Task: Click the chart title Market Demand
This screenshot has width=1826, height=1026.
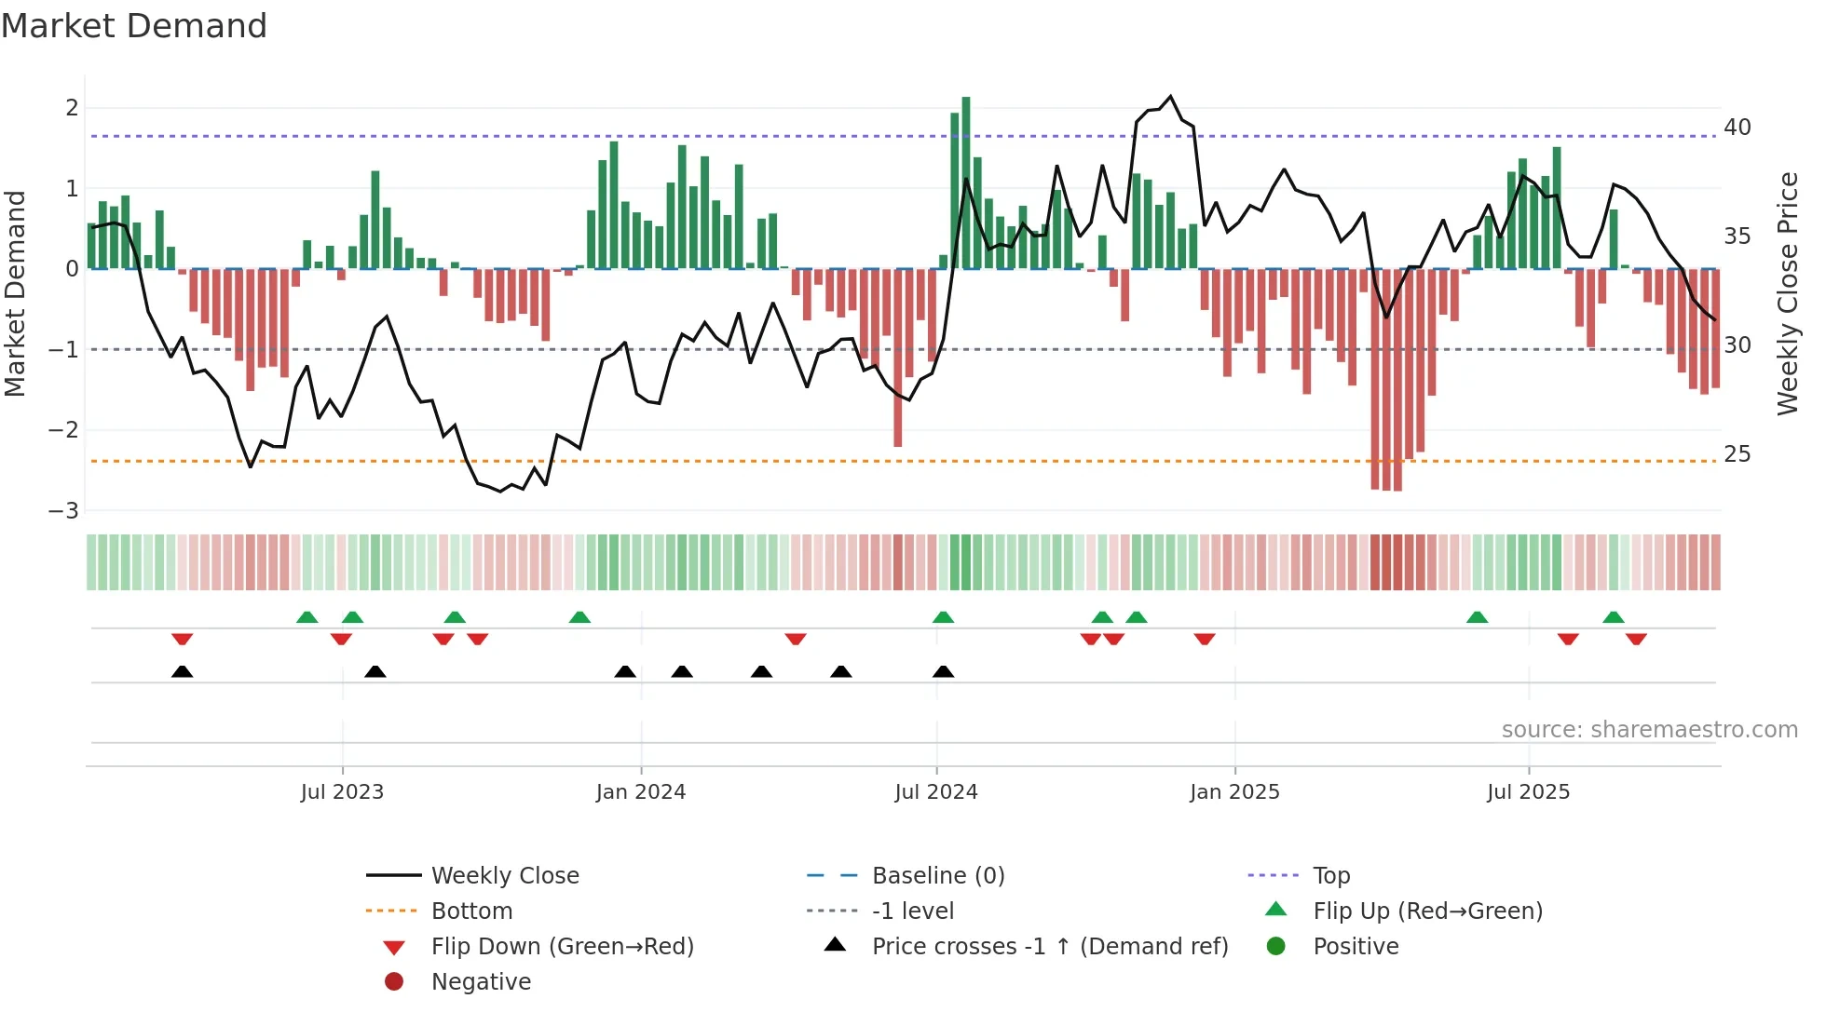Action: coord(134,26)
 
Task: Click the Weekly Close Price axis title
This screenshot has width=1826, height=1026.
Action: coord(1787,293)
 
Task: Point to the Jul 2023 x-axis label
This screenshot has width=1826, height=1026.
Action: coord(342,792)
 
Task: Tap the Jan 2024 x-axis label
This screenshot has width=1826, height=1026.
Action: coord(641,792)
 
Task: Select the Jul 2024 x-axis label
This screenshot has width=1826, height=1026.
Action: coord(936,792)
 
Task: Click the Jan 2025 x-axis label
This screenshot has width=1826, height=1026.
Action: coord(1234,792)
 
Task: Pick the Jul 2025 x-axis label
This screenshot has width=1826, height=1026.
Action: coord(1529,792)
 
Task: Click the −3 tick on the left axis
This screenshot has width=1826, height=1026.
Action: coord(63,511)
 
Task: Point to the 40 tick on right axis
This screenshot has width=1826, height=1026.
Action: coord(1737,128)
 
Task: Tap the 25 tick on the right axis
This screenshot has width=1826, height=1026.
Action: coord(1737,454)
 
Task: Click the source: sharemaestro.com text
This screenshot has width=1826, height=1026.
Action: coord(1649,730)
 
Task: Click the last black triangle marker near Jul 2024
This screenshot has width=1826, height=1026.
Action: coord(944,672)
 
